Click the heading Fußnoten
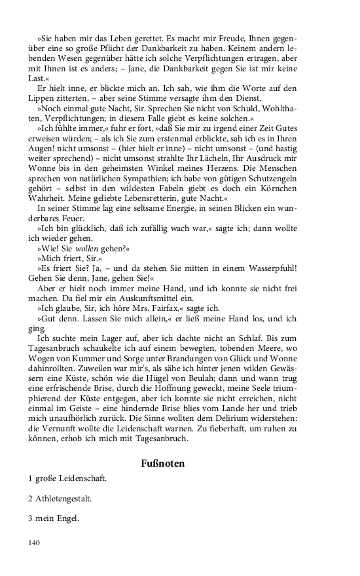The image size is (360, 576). pyautogui.click(x=162, y=463)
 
